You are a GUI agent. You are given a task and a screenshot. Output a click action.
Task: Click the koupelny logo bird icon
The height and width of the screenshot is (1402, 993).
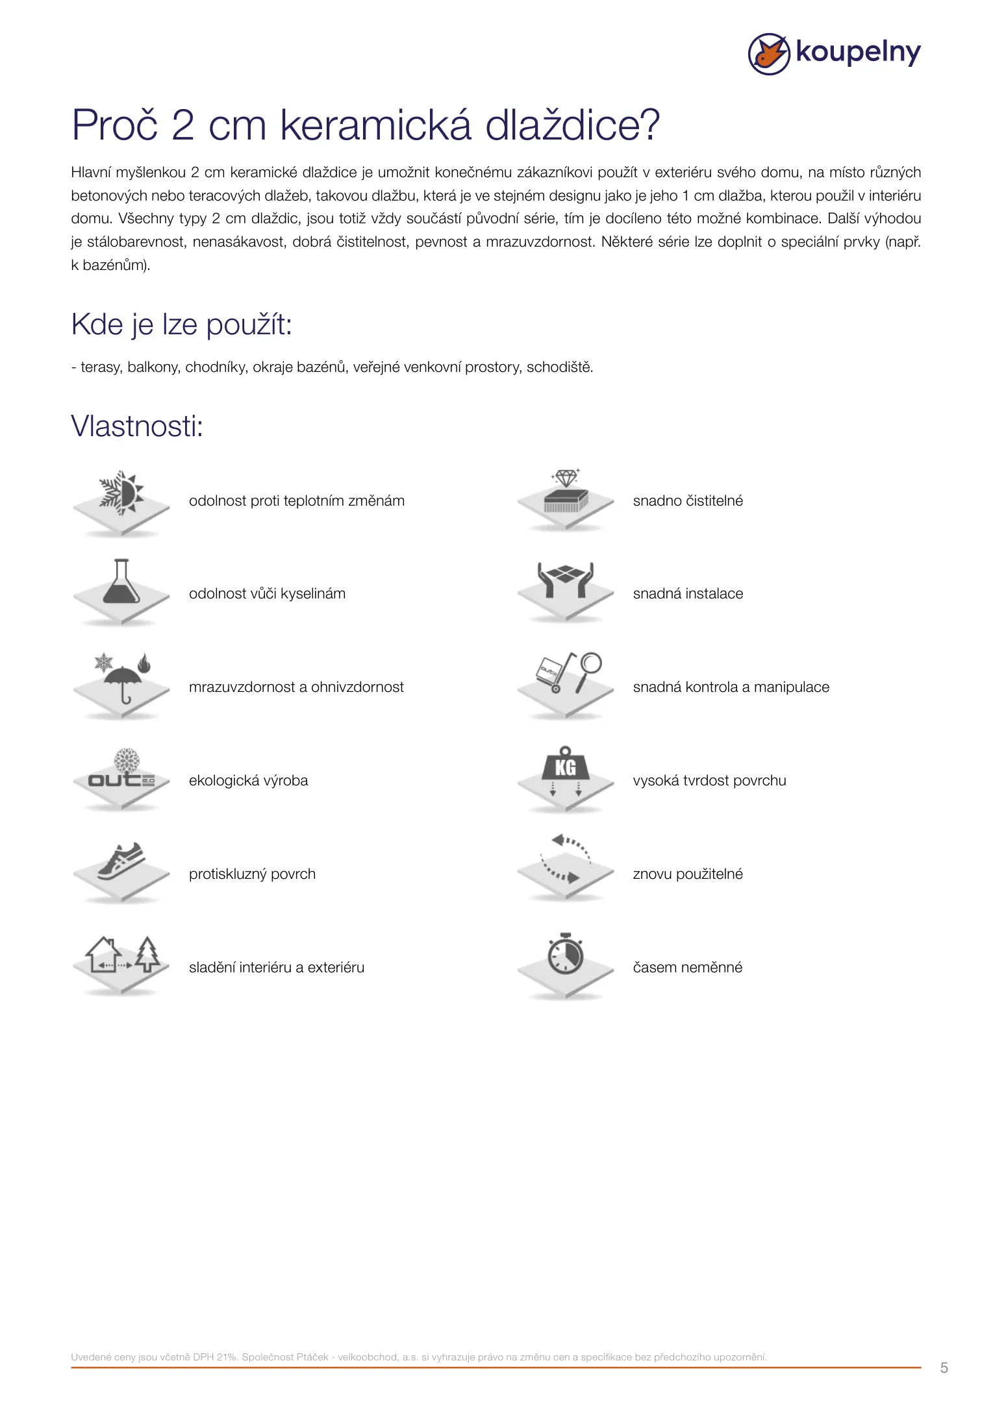click(x=769, y=54)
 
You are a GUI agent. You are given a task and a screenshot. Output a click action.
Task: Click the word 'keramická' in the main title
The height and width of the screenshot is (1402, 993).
click(x=375, y=125)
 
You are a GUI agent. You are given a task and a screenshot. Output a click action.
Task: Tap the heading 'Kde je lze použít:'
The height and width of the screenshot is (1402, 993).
click(x=181, y=325)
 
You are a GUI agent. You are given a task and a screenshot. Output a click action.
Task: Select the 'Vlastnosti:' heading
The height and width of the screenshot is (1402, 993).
click(x=137, y=426)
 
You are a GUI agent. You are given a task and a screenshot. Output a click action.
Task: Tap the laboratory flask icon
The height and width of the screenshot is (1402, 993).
click(x=121, y=582)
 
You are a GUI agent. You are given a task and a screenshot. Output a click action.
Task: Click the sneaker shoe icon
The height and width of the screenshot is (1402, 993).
click(x=121, y=861)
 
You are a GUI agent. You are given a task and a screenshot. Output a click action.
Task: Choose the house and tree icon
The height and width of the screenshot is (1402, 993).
click(x=123, y=955)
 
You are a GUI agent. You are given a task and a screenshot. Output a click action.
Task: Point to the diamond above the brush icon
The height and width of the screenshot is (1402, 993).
click(x=566, y=478)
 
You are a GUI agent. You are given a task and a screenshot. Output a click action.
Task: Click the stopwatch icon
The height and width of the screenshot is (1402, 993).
click(x=565, y=954)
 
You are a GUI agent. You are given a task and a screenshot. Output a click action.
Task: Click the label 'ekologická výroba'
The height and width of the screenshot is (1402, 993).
click(x=248, y=780)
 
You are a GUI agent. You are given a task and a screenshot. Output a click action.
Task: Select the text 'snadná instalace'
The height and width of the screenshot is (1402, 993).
click(x=688, y=593)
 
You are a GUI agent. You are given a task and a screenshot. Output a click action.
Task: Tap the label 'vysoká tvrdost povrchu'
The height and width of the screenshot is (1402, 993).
click(x=709, y=780)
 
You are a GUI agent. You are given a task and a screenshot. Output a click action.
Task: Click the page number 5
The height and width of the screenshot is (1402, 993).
click(x=944, y=1368)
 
